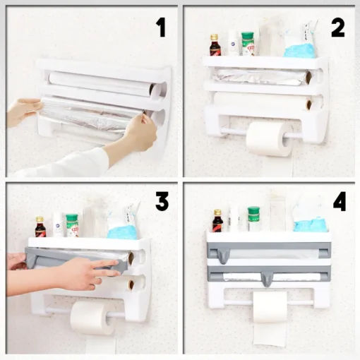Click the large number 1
(x=161, y=28)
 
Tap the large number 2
(x=338, y=28)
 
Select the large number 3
(x=162, y=201)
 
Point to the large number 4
(x=340, y=201)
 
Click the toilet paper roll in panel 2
(x=270, y=138)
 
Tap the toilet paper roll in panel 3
(x=91, y=318)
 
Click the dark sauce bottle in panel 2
(x=214, y=45)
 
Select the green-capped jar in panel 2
(x=248, y=44)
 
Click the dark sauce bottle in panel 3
(x=40, y=227)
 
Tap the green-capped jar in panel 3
(x=72, y=226)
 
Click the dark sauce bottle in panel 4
(x=217, y=221)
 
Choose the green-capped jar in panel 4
(x=253, y=220)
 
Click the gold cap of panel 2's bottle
(x=214, y=37)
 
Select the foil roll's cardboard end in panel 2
(x=308, y=76)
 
